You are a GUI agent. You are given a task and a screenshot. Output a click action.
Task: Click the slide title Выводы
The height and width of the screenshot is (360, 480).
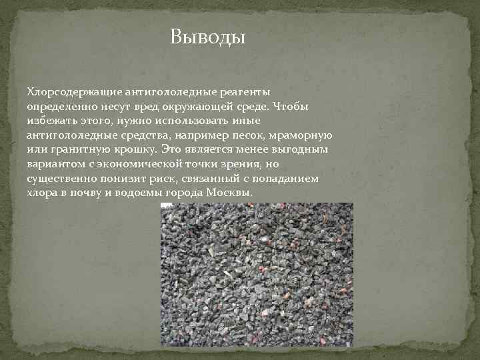coord(208,35)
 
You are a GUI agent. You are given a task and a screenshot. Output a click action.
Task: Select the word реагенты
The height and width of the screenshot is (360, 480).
coord(243,91)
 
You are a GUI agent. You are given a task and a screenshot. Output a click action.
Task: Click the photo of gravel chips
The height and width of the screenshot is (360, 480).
coord(257,274)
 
